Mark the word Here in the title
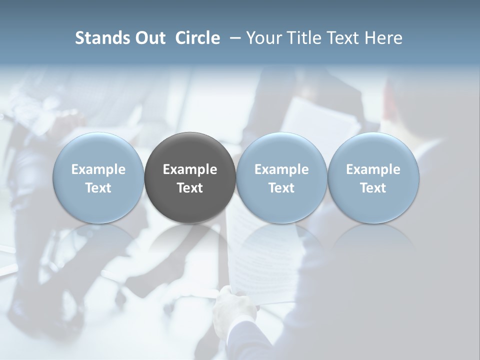click(382, 38)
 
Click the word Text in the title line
click(341, 38)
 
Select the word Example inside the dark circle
click(190, 170)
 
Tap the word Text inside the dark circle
click(190, 188)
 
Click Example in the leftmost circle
click(98, 170)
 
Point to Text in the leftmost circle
click(98, 188)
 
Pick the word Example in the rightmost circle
click(373, 170)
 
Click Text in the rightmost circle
click(373, 188)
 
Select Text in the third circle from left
click(281, 188)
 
